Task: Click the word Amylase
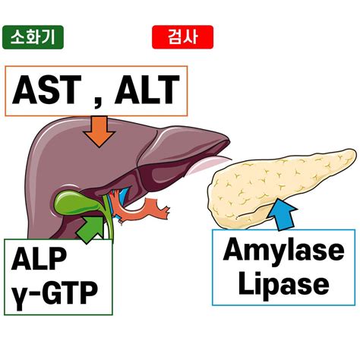tap(283, 251)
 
